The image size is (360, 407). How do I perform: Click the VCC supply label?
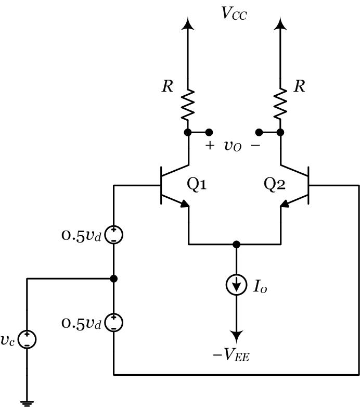click(234, 13)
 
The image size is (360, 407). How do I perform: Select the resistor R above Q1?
click(187, 104)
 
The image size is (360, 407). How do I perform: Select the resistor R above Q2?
click(280, 104)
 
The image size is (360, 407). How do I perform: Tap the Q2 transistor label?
click(274, 185)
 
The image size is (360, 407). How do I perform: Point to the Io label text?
click(260, 286)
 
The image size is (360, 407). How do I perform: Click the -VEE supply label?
click(231, 355)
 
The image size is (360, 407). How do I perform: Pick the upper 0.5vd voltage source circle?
click(113, 235)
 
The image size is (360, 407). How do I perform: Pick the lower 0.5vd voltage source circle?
click(113, 323)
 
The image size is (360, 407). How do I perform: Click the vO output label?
click(233, 146)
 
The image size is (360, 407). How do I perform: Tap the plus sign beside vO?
click(209, 146)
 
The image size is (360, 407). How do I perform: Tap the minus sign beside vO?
click(255, 146)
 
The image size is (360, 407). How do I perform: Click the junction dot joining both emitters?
click(237, 244)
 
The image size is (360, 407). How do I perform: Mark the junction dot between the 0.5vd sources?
click(113, 279)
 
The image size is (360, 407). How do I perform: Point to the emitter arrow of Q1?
click(183, 205)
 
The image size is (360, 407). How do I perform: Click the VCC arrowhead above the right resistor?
click(280, 23)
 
